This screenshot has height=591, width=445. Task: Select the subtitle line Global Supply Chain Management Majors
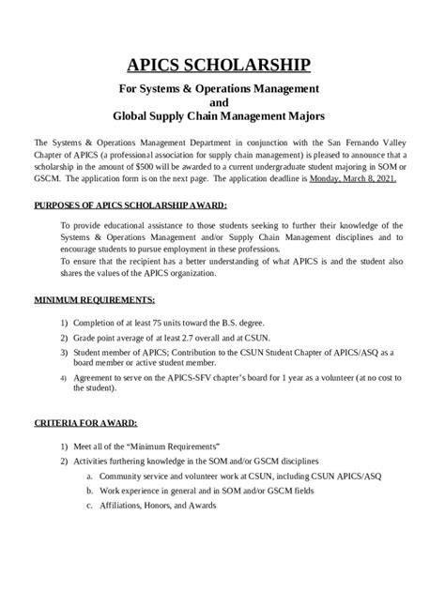tap(222, 119)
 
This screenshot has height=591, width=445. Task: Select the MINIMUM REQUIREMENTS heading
tap(94, 299)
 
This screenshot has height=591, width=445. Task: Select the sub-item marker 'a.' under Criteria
tap(89, 476)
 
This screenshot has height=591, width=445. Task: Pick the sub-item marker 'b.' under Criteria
tap(89, 491)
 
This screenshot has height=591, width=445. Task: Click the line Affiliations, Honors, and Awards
tap(163, 505)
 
